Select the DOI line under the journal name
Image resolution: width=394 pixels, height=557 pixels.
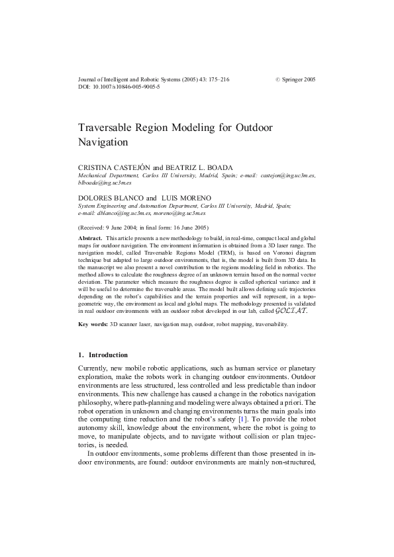[119, 87]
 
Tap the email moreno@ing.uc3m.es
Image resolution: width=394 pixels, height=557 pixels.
[180, 213]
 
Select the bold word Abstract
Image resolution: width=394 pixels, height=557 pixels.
[90, 237]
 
